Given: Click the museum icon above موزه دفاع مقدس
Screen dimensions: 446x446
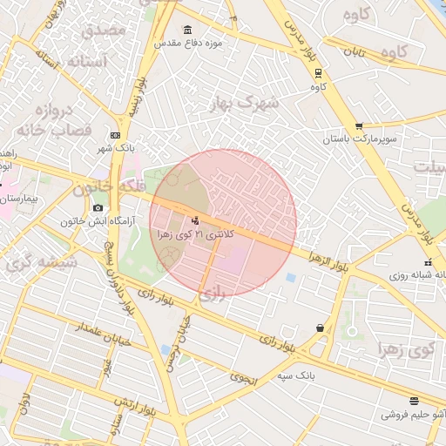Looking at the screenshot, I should (x=189, y=30).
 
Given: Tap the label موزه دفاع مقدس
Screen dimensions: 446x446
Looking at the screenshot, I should (x=189, y=43).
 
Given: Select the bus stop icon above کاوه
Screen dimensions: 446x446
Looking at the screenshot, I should (x=319, y=73).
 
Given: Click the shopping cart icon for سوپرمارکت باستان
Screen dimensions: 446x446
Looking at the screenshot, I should (x=359, y=126).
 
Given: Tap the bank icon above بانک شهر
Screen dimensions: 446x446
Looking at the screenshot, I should (x=116, y=135).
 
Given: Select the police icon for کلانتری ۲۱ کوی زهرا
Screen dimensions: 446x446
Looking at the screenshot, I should (x=194, y=220).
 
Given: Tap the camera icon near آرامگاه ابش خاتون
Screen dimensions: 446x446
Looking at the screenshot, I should (x=98, y=208).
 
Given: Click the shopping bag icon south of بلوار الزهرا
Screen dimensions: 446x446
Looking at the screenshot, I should (x=321, y=328).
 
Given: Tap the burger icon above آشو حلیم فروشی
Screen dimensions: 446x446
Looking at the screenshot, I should (x=413, y=401).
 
